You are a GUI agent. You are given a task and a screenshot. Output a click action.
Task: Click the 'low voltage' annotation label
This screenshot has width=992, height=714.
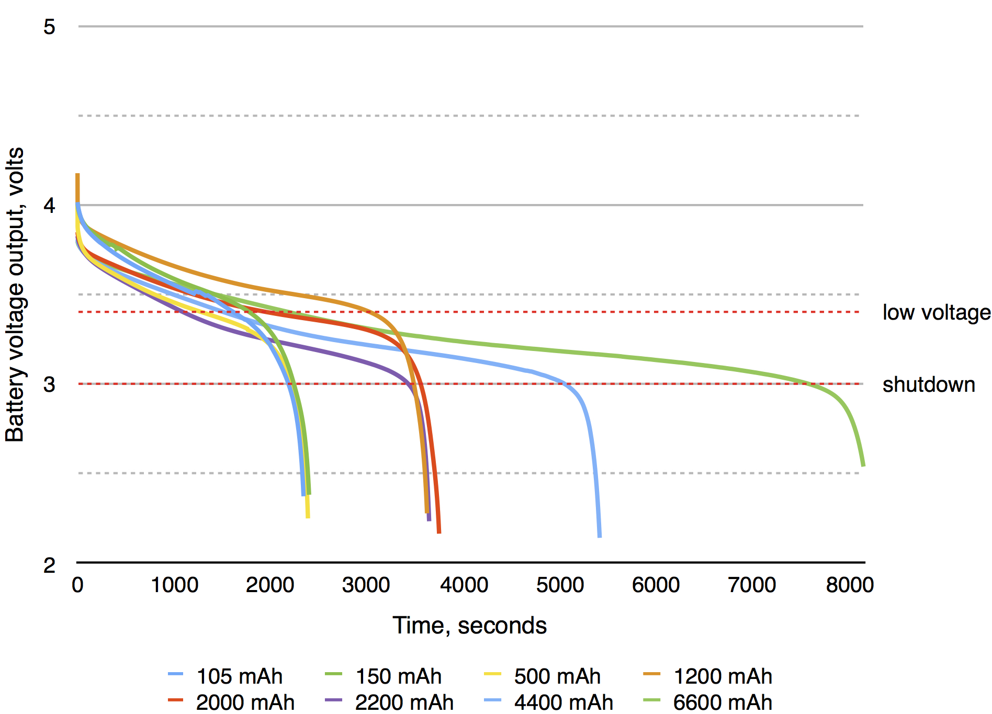[936, 313]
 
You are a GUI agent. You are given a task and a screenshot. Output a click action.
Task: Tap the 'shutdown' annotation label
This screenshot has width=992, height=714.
[928, 385]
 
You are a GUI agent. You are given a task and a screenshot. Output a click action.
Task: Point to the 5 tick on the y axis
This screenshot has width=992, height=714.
[49, 27]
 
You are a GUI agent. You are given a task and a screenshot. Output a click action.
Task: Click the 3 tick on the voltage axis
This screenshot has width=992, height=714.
[49, 384]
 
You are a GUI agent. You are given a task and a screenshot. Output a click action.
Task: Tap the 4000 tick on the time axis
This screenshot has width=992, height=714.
[464, 585]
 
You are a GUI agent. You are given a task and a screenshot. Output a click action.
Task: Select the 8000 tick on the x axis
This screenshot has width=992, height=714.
[849, 585]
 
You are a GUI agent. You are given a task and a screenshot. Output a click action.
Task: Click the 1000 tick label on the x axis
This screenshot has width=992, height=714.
[174, 585]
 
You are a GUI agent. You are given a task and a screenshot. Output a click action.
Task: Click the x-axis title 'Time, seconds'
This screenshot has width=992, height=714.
[469, 626]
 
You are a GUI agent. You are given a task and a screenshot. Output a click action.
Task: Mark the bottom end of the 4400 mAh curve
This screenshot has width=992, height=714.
[599, 536]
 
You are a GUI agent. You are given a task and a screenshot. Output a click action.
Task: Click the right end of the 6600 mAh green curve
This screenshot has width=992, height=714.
[863, 464]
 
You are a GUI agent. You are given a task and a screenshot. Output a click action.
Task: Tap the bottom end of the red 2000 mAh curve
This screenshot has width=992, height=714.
[438, 531]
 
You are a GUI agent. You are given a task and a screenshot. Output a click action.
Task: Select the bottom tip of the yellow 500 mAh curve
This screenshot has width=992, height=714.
[308, 516]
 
